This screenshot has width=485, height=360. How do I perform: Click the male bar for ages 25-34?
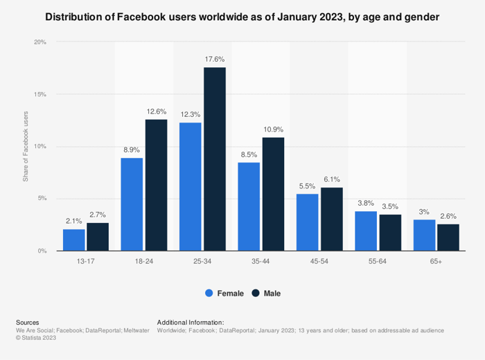point(214,159)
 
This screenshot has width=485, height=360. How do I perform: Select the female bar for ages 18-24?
point(132,204)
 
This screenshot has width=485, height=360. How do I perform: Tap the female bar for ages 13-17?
point(73,240)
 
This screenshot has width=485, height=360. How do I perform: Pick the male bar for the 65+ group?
point(448,237)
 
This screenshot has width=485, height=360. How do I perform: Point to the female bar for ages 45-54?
point(307,222)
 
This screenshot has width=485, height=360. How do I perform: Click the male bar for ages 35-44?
point(272,194)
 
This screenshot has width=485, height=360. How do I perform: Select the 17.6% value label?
point(215,60)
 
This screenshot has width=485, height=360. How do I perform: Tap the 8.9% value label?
point(132,150)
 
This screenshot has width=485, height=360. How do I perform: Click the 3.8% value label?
point(366,204)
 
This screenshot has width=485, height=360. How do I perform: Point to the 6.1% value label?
point(331,180)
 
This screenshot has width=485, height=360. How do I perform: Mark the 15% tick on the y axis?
point(40,94)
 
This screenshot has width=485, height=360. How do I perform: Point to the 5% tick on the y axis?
point(42,199)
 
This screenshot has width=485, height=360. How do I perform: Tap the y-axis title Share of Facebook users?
point(26,147)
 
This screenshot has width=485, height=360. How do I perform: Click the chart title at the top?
point(242,16)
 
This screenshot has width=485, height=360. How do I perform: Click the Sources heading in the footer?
point(27,323)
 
